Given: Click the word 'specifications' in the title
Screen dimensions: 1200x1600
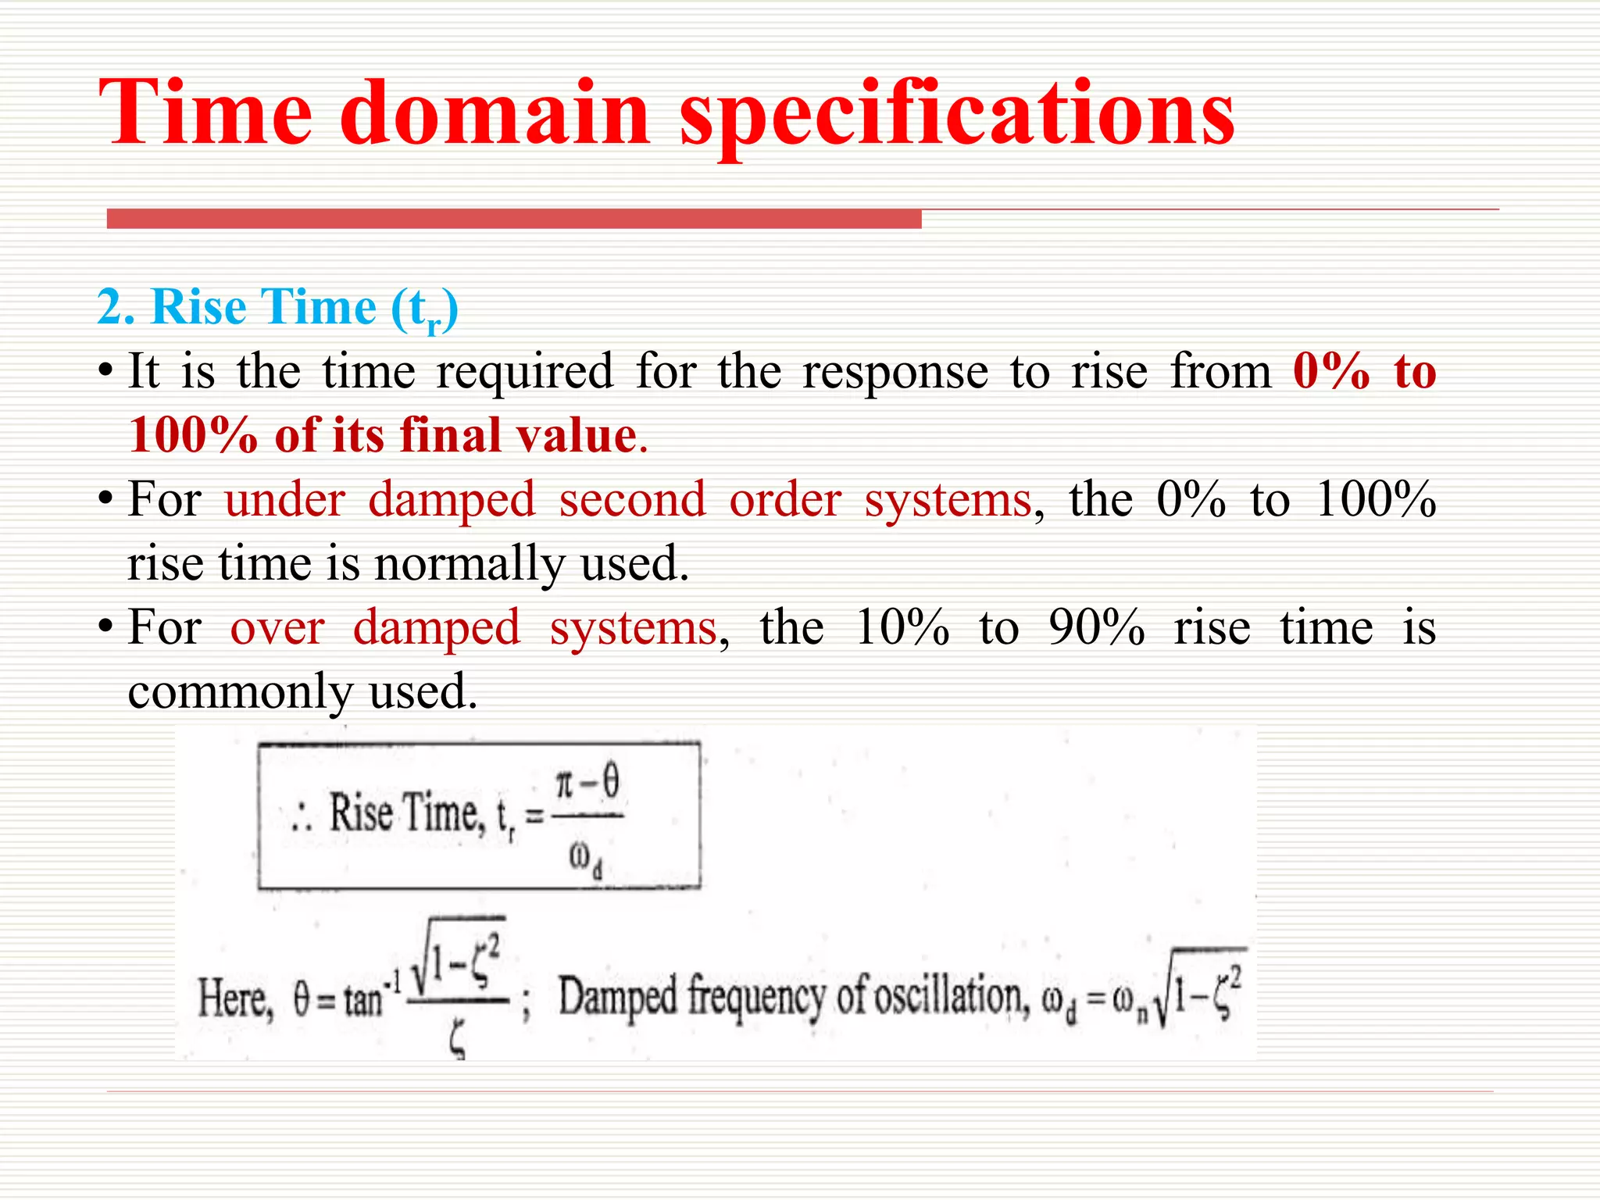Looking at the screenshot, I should pos(956,113).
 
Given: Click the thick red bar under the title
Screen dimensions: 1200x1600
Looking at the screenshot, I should pos(513,219).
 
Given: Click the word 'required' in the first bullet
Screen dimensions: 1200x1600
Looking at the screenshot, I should pos(524,372).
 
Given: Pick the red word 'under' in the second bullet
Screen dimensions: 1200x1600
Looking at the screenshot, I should pos(284,500).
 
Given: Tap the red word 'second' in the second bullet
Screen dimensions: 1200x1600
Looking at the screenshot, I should pos(632,500).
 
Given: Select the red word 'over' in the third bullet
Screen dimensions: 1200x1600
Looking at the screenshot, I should pos(277,628).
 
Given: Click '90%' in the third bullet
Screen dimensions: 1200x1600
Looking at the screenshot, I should pos(1096,628).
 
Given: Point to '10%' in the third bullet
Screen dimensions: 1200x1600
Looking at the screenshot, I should pos(902,628).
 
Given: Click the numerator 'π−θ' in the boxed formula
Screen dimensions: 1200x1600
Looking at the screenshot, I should pos(587,784).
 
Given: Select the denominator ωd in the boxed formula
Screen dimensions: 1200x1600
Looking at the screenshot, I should pos(585,860).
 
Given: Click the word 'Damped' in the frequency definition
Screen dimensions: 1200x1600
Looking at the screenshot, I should pos(617,998).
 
